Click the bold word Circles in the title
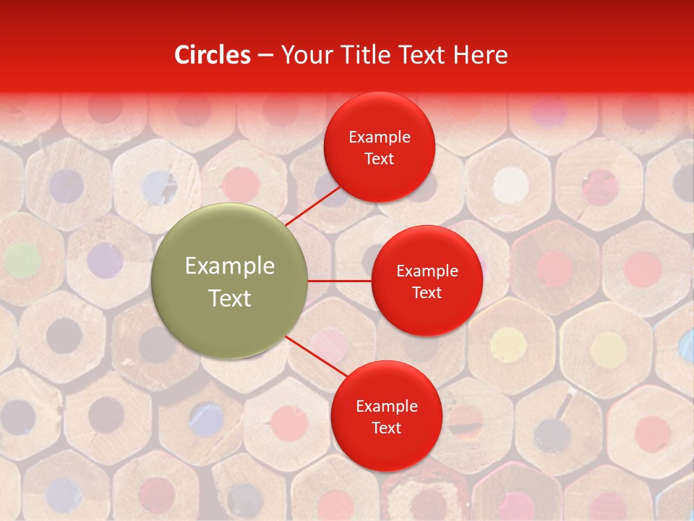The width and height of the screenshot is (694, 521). point(213,55)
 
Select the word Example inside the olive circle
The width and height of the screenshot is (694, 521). point(230,266)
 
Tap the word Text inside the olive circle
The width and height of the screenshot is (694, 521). point(230,298)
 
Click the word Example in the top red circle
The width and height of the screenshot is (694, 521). point(380,137)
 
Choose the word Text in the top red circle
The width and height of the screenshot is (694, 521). point(380,159)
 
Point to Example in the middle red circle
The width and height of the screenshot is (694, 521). point(427,271)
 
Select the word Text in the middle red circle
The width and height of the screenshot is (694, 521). point(427,293)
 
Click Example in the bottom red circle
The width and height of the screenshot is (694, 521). point(387,407)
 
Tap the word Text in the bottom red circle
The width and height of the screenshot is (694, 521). point(387,428)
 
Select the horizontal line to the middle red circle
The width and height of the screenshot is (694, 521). point(340,281)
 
